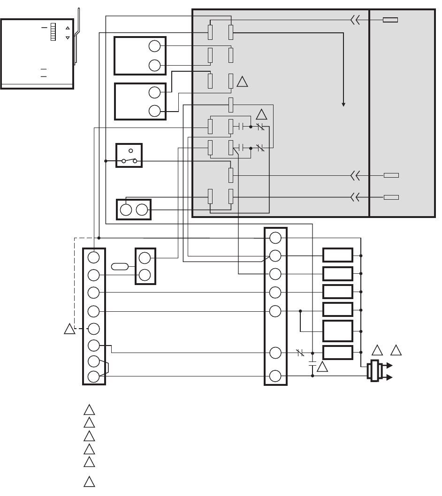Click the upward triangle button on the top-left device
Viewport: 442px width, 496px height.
[x=68, y=28]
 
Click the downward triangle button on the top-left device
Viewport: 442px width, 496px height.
[x=68, y=37]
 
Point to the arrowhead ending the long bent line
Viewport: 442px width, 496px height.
[x=343, y=105]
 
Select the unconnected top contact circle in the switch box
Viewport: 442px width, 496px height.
[x=131, y=151]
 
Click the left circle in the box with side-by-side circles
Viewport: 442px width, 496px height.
[x=126, y=210]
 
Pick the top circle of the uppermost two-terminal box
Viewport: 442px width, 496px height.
[x=154, y=46]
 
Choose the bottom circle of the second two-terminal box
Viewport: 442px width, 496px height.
[x=154, y=111]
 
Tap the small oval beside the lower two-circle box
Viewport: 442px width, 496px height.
[x=120, y=267]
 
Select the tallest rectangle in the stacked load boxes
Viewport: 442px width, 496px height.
[x=337, y=331]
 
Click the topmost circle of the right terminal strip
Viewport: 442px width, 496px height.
[x=275, y=238]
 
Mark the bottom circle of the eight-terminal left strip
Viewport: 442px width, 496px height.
[x=93, y=376]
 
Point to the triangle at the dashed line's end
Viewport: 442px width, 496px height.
[x=69, y=329]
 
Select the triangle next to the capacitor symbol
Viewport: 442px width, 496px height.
[x=322, y=366]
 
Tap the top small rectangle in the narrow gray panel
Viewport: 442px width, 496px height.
[x=391, y=20]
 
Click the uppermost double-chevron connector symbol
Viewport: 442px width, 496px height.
[x=355, y=20]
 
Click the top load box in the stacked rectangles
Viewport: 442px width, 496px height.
[x=337, y=256]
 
